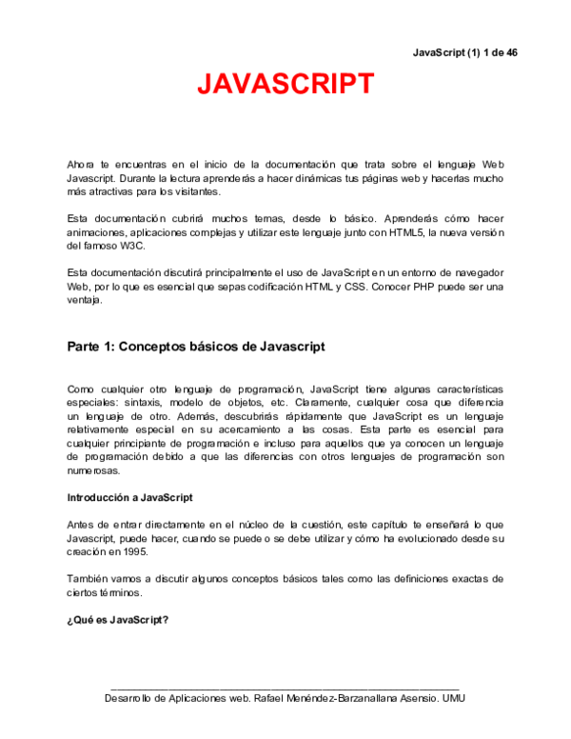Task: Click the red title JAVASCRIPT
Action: pos(285,84)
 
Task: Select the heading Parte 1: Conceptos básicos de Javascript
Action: pos(195,347)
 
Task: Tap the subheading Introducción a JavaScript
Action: pos(129,497)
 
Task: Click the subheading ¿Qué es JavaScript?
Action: pos(117,620)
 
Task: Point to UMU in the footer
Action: pos(453,698)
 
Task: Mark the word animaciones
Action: pos(100,233)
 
